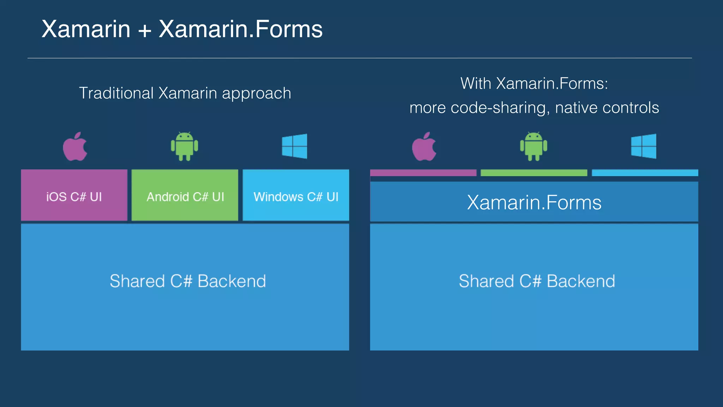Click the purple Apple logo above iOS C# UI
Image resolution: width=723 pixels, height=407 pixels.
[x=75, y=147]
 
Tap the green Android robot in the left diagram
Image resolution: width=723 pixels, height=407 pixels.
[x=184, y=146]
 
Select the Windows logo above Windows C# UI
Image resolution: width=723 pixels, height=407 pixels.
[x=294, y=146]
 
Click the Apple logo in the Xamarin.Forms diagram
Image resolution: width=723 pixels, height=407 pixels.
[x=424, y=147]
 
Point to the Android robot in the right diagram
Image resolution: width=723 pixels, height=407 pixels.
[x=533, y=146]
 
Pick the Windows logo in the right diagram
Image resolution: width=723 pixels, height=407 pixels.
[x=644, y=146]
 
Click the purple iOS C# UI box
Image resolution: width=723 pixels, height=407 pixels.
[x=74, y=195]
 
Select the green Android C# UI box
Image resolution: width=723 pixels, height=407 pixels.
[x=185, y=195]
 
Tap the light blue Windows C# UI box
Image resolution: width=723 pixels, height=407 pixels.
[x=296, y=195]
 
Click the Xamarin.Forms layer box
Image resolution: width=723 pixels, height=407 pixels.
[x=534, y=202]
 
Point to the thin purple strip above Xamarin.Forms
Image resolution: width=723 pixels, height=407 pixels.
[x=423, y=173]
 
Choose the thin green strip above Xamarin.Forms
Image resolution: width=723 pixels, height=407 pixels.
[x=534, y=173]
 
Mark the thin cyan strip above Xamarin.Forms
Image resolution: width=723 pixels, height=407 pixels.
[x=645, y=173]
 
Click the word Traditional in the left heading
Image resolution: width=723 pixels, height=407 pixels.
[x=116, y=93]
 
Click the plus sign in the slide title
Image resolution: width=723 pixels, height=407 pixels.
[x=145, y=30]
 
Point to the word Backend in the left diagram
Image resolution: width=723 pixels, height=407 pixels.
[x=232, y=281]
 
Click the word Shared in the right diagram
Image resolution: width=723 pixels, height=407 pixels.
[x=486, y=281]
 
